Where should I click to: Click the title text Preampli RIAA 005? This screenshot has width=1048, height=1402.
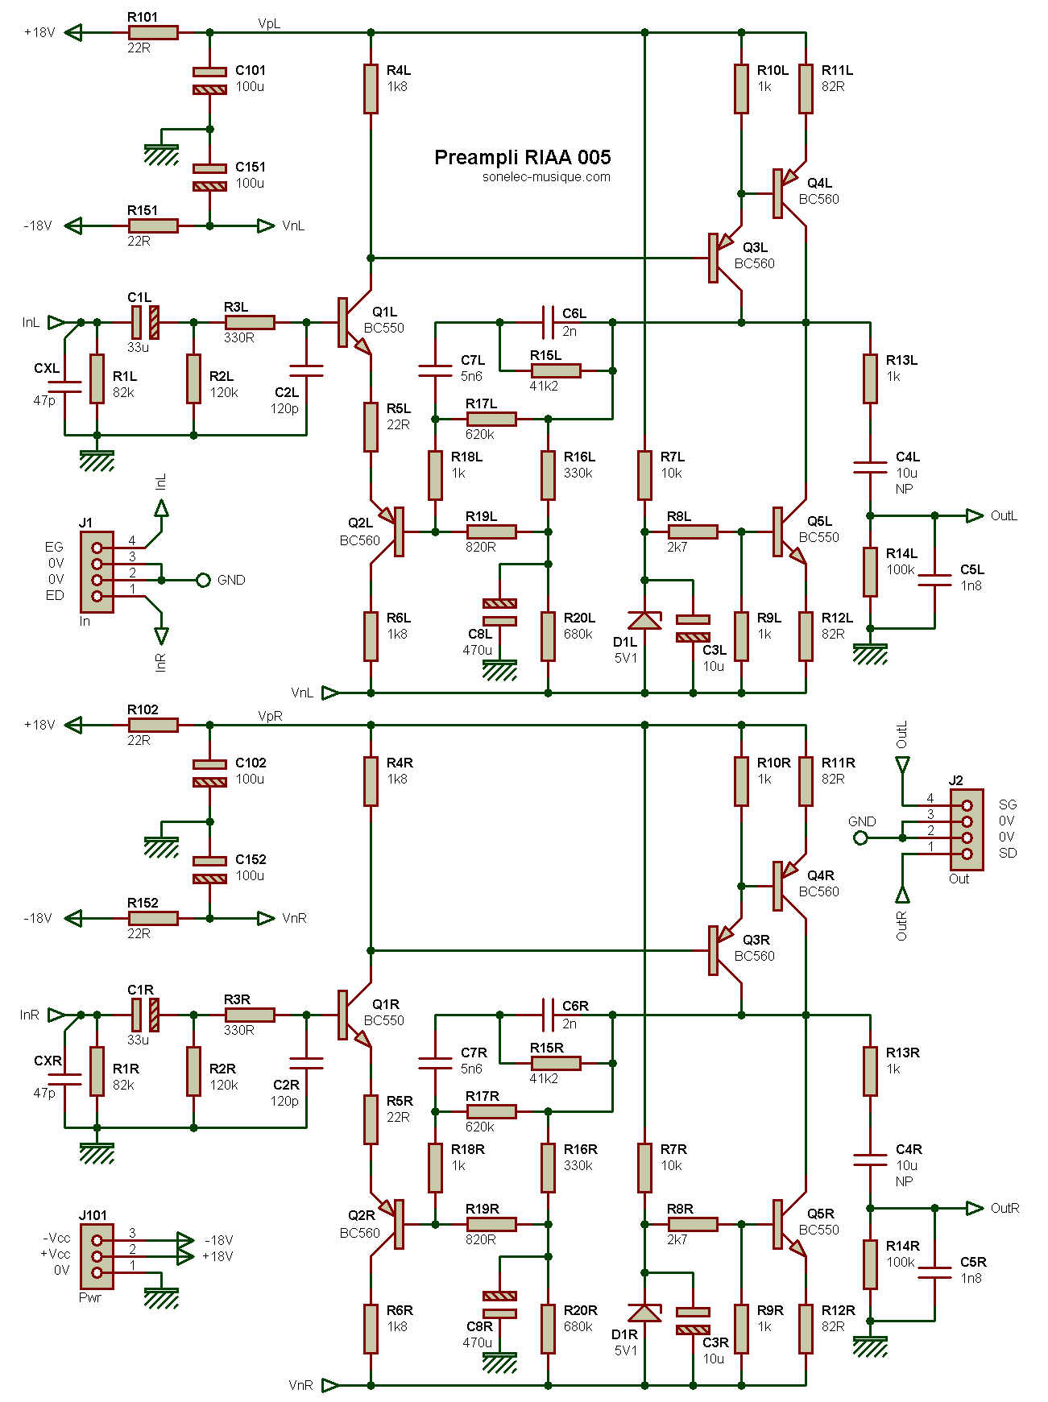pos(522,157)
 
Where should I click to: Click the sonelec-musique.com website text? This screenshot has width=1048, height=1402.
pos(546,177)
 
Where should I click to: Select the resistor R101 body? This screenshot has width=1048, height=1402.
pos(153,32)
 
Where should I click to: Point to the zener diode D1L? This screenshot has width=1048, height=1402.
pos(644,620)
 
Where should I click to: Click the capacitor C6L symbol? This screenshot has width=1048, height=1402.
pos(548,322)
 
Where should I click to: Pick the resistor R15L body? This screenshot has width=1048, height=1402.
pos(556,370)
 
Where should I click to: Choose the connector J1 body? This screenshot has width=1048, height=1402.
pos(97,572)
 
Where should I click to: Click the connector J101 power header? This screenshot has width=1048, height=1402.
pos(97,1256)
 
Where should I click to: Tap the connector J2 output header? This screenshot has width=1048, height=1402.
pos(967,829)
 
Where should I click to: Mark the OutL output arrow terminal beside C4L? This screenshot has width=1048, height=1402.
pos(975,515)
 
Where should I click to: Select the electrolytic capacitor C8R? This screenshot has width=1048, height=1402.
pos(499,1305)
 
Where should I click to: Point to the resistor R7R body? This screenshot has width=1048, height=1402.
pos(644,1168)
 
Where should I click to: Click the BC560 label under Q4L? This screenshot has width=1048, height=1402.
pos(818,199)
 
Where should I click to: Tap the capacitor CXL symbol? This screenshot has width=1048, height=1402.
pos(64,387)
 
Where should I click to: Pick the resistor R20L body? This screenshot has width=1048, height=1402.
pos(548,636)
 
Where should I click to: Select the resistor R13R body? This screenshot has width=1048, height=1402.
pos(870,1071)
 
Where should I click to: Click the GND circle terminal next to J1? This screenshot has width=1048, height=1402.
pos(204,580)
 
